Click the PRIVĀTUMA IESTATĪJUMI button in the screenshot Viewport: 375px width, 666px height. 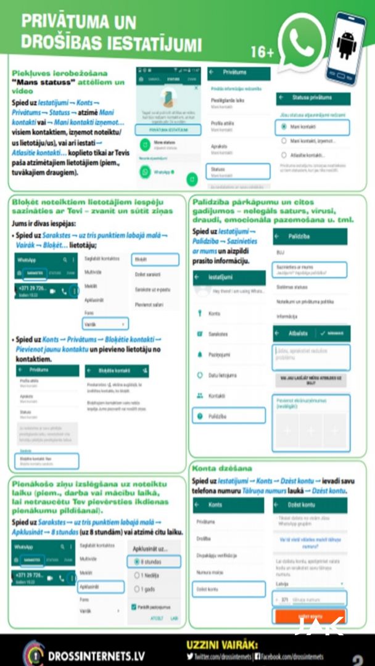[x=168, y=129]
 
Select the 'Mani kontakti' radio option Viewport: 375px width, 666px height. [x=314, y=127]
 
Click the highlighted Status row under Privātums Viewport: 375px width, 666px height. [x=237, y=171]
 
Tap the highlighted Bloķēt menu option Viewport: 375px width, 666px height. [x=154, y=260]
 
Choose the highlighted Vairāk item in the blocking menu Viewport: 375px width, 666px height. [x=105, y=323]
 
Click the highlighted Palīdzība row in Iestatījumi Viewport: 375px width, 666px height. [x=228, y=416]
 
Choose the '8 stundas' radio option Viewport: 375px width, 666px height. [x=154, y=562]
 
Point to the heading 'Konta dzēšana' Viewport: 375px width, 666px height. [x=223, y=469]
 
